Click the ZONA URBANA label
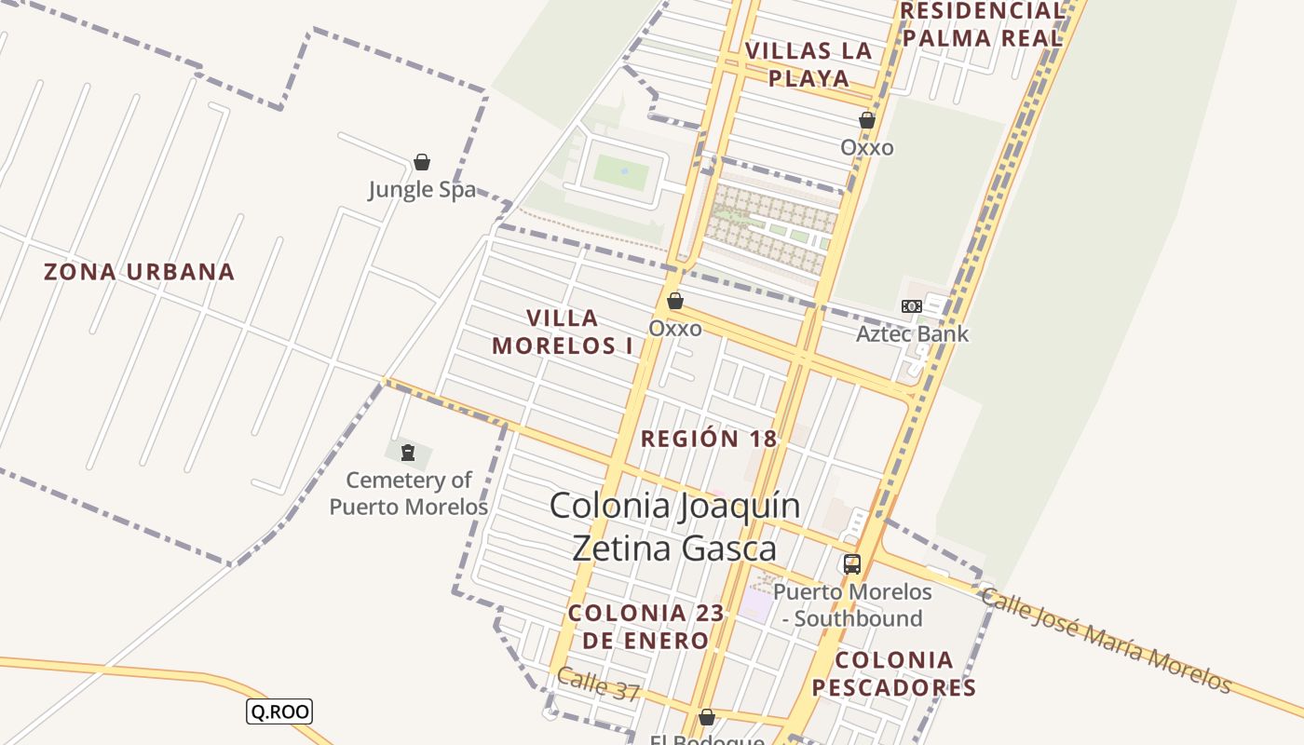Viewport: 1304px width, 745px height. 140,272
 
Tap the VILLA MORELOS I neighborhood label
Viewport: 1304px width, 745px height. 563,332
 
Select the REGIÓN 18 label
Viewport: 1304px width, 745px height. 709,439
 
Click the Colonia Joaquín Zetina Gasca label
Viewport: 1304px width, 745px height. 674,527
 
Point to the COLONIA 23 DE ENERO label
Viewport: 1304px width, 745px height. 639,627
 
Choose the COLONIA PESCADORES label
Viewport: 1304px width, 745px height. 894,674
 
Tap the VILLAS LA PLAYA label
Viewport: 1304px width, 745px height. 808,64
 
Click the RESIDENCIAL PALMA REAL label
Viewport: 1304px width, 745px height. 983,24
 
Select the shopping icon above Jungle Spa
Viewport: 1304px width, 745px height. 422,162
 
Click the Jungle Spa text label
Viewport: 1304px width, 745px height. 422,190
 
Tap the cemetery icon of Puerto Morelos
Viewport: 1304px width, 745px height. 408,454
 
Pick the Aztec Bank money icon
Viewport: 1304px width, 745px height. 912,305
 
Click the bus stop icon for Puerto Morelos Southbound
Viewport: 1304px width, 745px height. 852,563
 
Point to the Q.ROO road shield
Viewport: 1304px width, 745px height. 278,711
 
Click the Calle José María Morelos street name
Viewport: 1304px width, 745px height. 1107,642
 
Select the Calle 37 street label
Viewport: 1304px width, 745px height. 599,685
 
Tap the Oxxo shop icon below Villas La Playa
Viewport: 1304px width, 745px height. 867,120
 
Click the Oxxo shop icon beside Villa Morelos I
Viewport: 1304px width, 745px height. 675,301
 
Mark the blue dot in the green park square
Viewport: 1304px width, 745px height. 623,171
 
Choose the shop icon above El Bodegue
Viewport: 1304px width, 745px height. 707,717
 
